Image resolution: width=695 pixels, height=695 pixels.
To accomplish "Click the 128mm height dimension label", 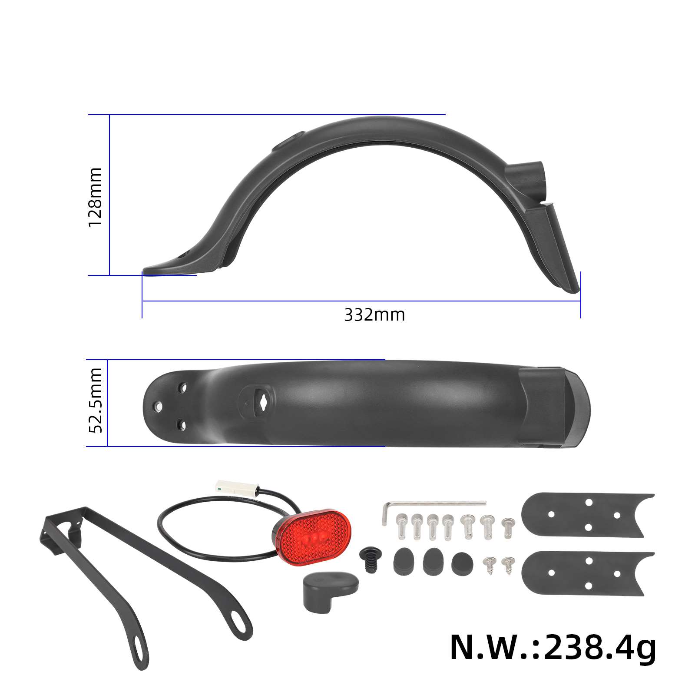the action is [x=95, y=197].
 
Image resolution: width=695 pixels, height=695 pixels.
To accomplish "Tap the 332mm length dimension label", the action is [x=374, y=315].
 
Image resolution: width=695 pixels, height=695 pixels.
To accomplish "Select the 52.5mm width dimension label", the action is [x=95, y=400].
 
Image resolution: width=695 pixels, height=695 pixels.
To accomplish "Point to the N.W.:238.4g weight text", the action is [x=553, y=647].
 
